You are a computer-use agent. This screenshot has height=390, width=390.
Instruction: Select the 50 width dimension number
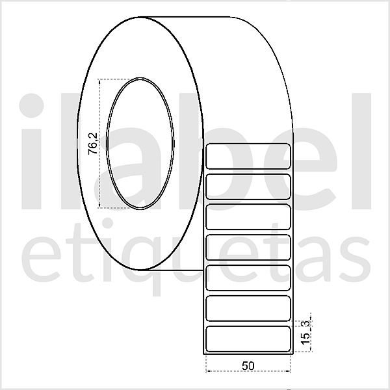[x=247, y=365]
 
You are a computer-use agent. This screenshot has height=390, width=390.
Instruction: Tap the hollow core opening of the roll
[x=140, y=143]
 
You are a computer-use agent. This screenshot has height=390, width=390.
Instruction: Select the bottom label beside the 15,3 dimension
[x=248, y=339]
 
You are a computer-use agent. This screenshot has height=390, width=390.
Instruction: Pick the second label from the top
[x=248, y=187]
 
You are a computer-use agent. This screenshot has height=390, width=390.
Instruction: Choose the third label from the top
[x=248, y=217]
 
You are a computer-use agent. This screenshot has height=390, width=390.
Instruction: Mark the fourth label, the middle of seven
[x=248, y=248]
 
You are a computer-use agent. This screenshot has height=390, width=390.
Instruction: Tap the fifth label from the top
[x=248, y=278]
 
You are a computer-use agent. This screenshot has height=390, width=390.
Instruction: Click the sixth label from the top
[x=248, y=308]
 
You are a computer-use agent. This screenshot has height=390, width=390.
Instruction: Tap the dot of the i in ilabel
[x=35, y=105]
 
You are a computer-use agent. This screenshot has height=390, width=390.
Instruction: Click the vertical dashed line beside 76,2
[x=99, y=143]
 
